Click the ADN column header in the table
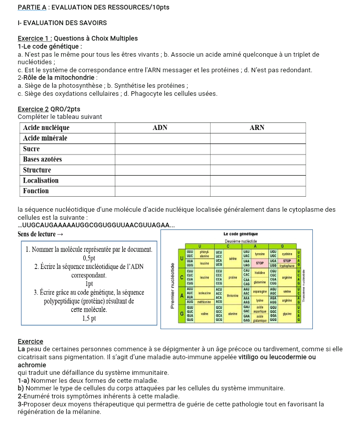coord(159,128)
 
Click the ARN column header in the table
coord(257,128)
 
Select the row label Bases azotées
coord(43,159)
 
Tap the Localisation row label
coord(41,180)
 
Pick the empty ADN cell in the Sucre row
coord(159,149)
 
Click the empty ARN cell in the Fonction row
coord(257,191)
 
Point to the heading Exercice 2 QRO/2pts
coord(49,109)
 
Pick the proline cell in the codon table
coord(232,277)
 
